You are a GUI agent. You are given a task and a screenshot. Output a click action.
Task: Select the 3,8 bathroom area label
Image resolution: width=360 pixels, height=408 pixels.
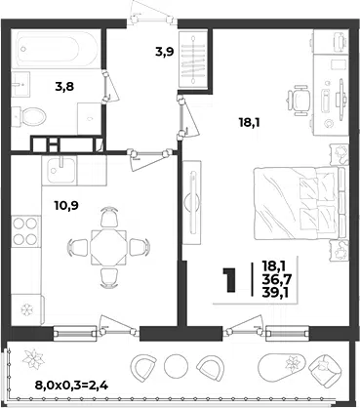pos(64,87)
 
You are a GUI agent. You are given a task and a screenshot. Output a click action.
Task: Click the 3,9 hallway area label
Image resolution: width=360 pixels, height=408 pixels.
pos(165,52)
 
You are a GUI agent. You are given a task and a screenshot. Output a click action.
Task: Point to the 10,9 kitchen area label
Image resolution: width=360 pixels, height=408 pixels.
pos(66,205)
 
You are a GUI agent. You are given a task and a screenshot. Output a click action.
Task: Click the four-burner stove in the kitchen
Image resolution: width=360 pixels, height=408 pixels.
pos(25,231)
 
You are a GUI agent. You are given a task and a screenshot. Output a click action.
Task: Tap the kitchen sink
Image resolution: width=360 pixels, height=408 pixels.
pos(60,170)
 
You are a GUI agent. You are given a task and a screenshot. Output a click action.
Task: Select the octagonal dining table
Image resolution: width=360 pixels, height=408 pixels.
pos(108,247)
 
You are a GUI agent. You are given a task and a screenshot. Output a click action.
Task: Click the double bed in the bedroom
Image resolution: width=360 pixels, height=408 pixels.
pos(299,203)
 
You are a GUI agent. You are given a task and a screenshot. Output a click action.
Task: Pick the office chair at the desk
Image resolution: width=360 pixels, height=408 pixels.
pos(299,100)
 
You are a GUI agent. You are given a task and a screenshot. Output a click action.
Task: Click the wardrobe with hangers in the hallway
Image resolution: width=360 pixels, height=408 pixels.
pos(193,59)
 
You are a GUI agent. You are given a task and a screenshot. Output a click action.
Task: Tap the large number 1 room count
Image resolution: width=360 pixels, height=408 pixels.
pos(229,279)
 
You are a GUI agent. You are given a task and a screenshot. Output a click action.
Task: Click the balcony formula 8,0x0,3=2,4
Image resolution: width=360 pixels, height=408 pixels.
pos(71,386)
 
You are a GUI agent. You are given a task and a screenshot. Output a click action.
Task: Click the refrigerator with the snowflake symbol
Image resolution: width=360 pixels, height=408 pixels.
pos(27,309)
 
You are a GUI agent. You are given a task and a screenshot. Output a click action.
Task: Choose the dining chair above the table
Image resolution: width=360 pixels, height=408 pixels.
pos(108,218)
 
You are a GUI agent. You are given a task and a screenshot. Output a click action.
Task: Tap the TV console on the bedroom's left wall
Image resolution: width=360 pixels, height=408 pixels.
pos(192,202)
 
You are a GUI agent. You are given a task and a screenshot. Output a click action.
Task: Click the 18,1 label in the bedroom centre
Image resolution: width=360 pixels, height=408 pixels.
pos(250,123)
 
